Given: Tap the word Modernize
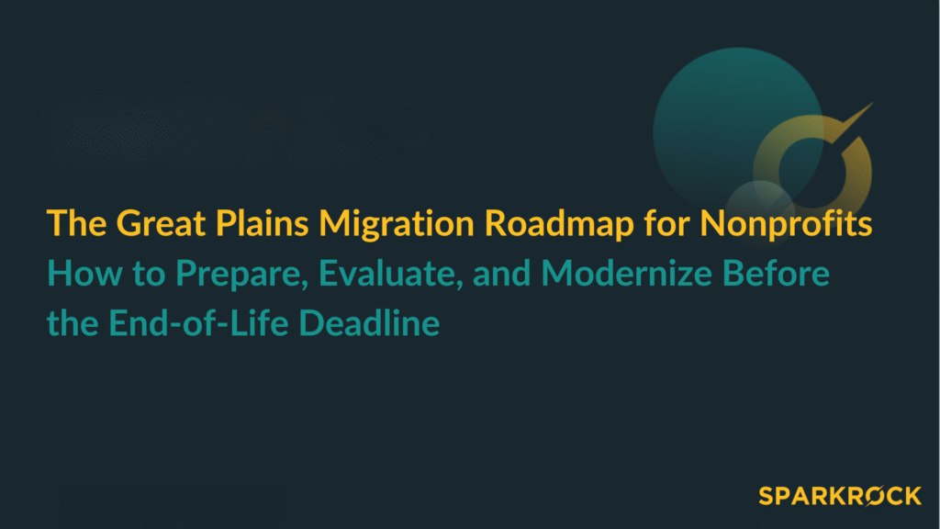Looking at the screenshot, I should [601, 274].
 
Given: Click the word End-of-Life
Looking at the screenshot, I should [193, 324].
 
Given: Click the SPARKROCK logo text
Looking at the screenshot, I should [840, 496].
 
